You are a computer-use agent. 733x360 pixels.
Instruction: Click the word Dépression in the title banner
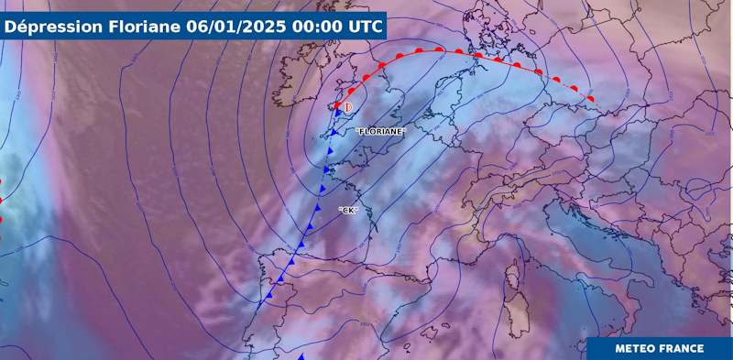coord(47,26)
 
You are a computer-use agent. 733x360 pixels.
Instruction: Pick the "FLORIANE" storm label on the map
coord(380,131)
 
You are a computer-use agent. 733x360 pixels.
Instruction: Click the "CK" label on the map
coord(347,211)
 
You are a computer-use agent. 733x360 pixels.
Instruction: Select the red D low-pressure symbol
coord(348,107)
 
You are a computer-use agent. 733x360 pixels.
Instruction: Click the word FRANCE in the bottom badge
coord(679,348)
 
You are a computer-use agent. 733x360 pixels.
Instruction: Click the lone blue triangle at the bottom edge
coord(305,356)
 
